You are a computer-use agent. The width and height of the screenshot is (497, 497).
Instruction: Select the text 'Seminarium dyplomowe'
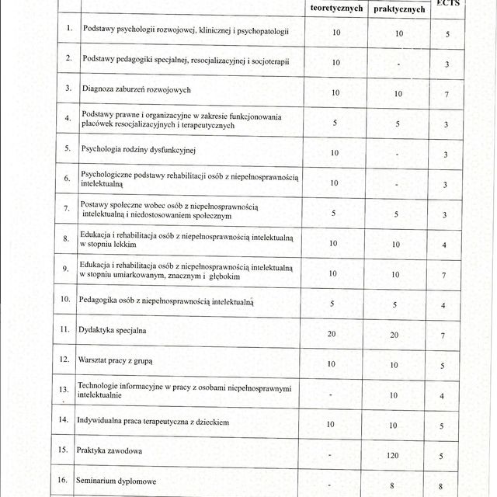[x=116, y=481]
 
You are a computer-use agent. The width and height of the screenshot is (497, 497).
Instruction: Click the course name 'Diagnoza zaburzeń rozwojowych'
[x=136, y=89]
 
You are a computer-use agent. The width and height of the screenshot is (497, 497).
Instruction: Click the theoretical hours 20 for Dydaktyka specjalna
[x=332, y=333]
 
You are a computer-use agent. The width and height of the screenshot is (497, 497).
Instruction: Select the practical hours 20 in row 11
[x=394, y=334]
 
